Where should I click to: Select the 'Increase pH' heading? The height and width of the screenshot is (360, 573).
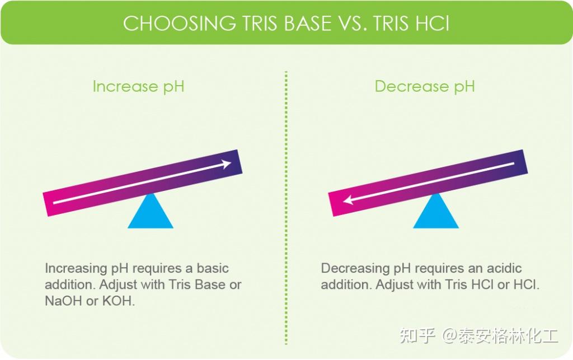pos(138,86)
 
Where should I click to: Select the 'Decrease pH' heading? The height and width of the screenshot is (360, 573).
pos(425,86)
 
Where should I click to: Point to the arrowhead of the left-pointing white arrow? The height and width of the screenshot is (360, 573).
pos(348,199)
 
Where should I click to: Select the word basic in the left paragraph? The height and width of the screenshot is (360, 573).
pos(213,269)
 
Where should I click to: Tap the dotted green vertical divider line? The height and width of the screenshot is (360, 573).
pos(286,224)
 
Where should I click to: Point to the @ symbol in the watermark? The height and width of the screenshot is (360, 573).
pos(449,336)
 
